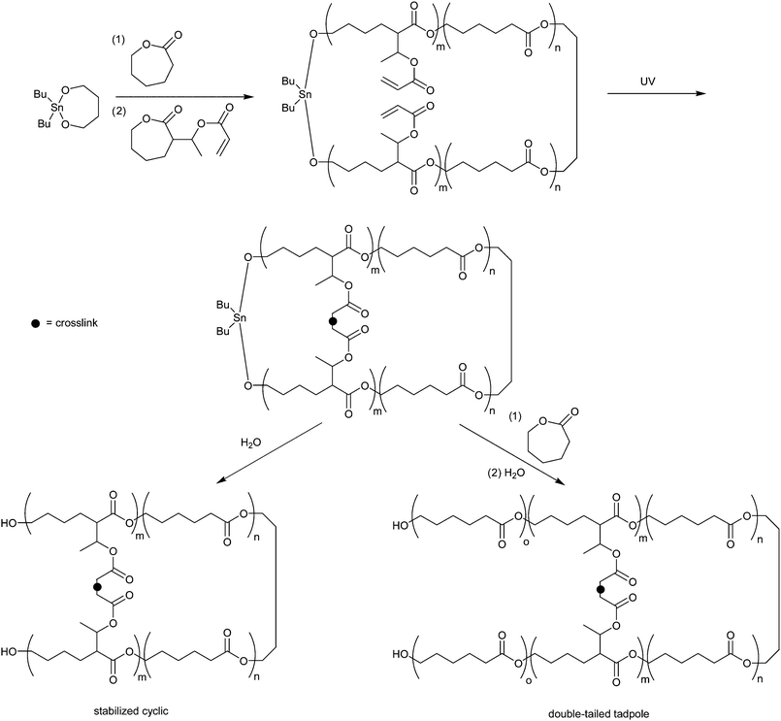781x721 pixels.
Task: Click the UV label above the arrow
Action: pyautogui.click(x=647, y=82)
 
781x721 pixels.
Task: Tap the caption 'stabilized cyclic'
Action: pyautogui.click(x=131, y=711)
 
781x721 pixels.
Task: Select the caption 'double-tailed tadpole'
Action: pyautogui.click(x=597, y=714)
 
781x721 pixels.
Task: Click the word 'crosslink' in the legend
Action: pyautogui.click(x=77, y=323)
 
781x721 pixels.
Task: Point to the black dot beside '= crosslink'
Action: pyautogui.click(x=35, y=323)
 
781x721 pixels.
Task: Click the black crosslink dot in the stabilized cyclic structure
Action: pyautogui.click(x=98, y=587)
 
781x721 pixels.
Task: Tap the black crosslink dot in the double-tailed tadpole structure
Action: pyautogui.click(x=601, y=589)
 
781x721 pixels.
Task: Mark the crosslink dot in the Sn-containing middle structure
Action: pyautogui.click(x=333, y=321)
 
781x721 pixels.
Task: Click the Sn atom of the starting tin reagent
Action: pyautogui.click(x=57, y=107)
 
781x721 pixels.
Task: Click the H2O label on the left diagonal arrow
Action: pyautogui.click(x=250, y=442)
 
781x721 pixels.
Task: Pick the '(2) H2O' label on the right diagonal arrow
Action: pyautogui.click(x=506, y=473)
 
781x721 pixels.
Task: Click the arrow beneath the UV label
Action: pyautogui.click(x=657, y=93)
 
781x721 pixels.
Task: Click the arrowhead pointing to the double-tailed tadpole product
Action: pyautogui.click(x=562, y=481)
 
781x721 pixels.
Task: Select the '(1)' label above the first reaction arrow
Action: pyautogui.click(x=118, y=41)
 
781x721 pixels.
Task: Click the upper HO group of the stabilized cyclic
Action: pyautogui.click(x=9, y=523)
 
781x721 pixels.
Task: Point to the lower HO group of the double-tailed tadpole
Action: pyautogui.click(x=401, y=654)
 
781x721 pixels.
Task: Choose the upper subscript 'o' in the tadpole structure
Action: pyautogui.click(x=525, y=542)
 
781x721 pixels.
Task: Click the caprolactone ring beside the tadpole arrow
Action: pyautogui.click(x=549, y=437)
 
